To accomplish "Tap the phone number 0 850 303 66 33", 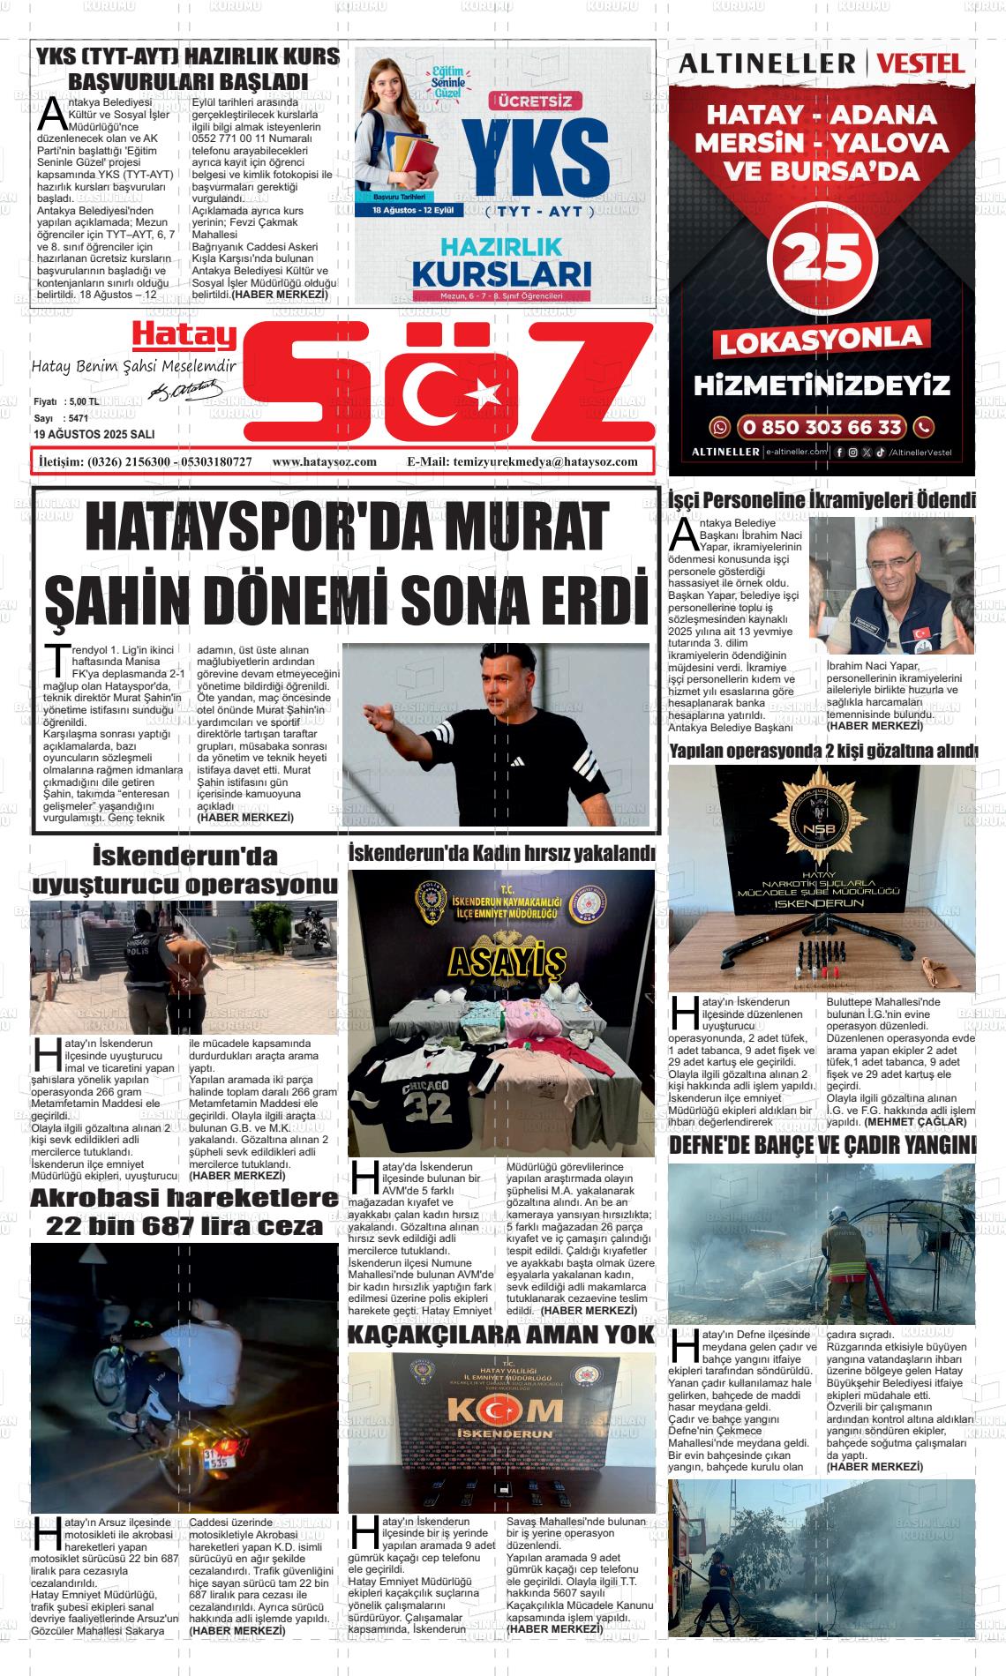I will coord(822,428).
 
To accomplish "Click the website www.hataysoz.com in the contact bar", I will coord(325,461).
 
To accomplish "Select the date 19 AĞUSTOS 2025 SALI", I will coord(94,434).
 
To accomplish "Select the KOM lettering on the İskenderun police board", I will coord(500,1412).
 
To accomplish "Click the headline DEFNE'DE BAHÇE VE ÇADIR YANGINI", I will coord(822,1145).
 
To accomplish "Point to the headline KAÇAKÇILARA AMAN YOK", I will coord(500,1334).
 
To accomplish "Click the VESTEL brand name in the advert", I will coord(921,64).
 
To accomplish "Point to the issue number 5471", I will coord(77,418).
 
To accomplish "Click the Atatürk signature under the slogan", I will coord(186,388).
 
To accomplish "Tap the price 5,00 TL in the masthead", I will coord(81,401).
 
